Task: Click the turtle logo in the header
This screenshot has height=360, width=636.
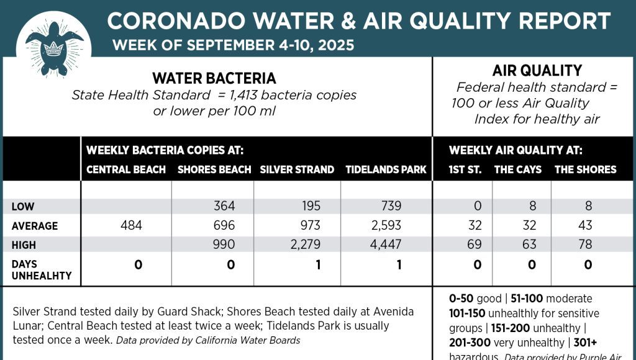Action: [x=54, y=47]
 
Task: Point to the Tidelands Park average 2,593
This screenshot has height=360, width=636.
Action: [x=386, y=225]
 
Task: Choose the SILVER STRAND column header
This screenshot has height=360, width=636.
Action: [x=297, y=169]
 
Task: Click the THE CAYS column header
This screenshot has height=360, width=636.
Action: [x=517, y=169]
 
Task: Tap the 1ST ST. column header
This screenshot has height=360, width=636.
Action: [x=465, y=169]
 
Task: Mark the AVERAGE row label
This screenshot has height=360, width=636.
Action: [x=35, y=226]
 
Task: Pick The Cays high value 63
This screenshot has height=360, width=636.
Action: [x=529, y=245]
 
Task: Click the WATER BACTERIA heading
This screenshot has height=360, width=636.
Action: [x=214, y=79]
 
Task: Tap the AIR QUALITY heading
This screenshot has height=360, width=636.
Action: [x=537, y=71]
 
